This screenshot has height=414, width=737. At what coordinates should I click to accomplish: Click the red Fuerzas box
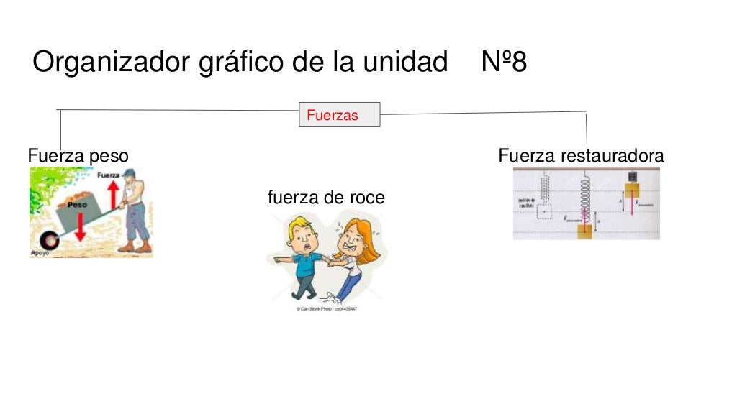[x=339, y=115]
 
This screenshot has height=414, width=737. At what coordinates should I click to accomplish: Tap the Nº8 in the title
[x=504, y=63]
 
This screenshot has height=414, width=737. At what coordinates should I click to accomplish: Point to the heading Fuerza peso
[x=78, y=155]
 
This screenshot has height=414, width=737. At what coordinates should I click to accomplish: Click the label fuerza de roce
[x=326, y=197]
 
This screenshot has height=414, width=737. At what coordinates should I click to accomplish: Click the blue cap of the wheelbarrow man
[x=129, y=172]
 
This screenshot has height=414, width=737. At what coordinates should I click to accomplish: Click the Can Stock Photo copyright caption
[x=327, y=308]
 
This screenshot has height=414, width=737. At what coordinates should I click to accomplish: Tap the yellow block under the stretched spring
[x=584, y=231]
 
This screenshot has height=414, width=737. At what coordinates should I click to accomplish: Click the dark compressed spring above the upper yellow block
[x=633, y=177]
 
